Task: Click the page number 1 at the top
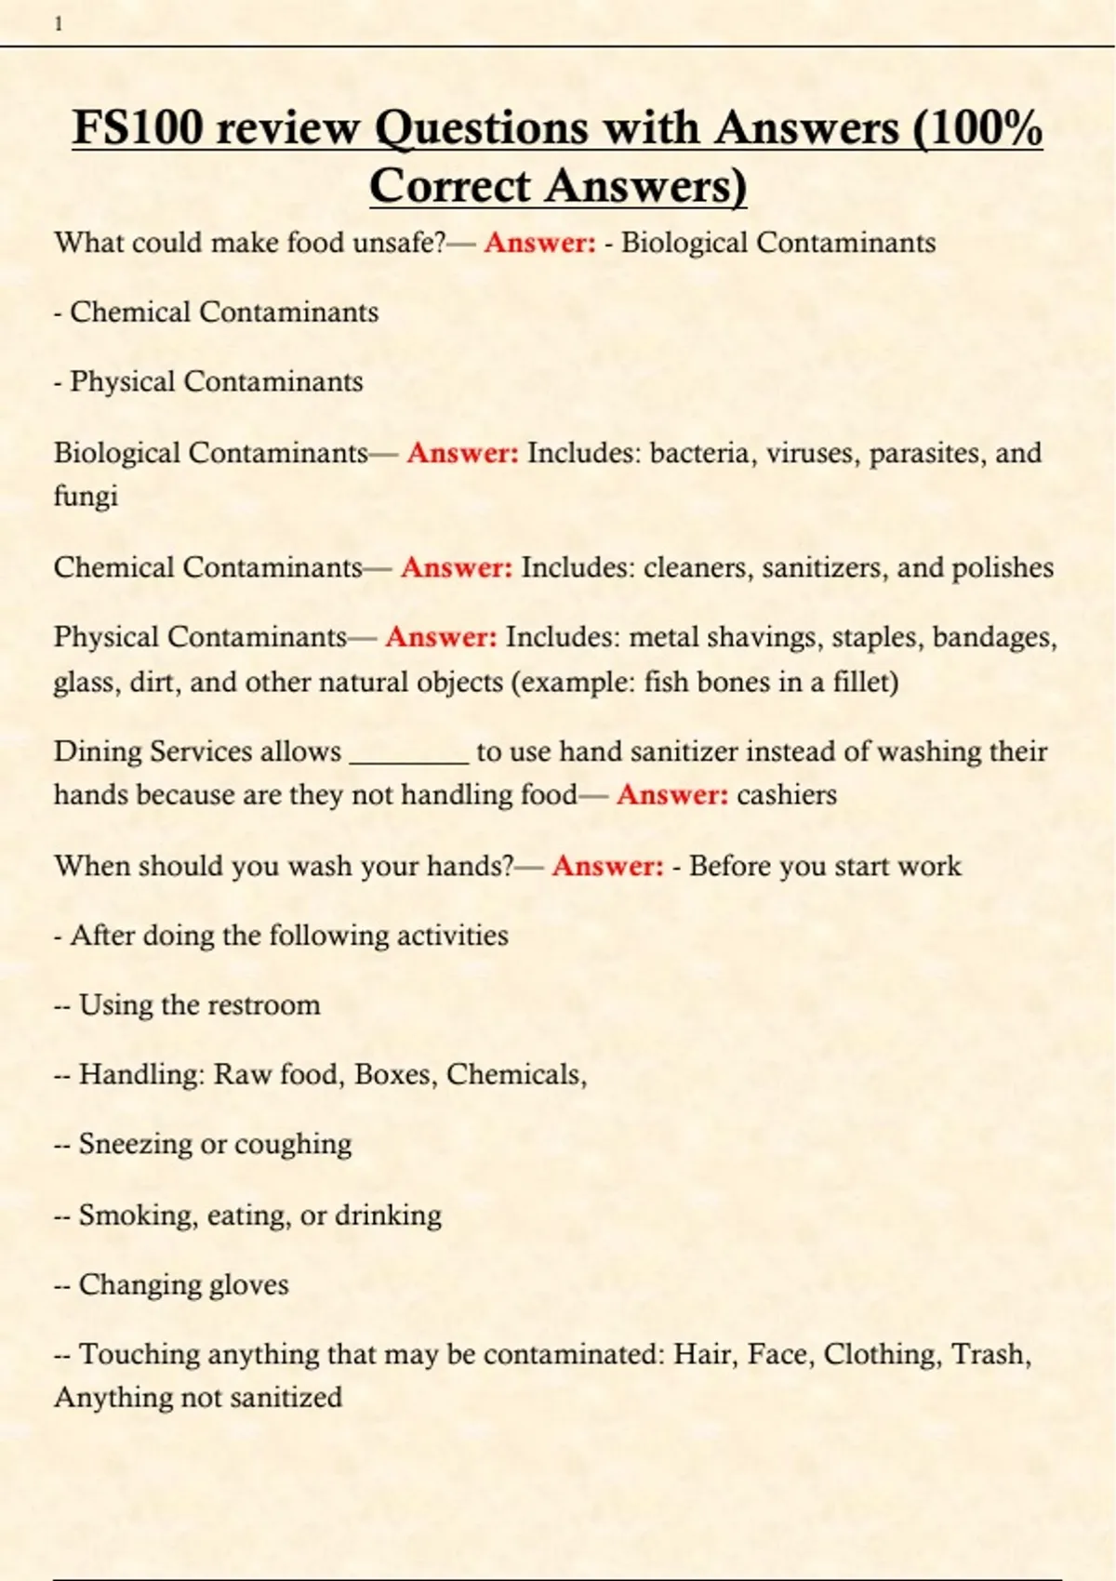click(59, 25)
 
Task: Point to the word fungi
click(86, 496)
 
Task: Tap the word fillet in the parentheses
click(865, 682)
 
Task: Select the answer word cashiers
click(786, 795)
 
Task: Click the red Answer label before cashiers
click(671, 795)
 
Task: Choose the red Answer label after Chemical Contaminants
click(456, 567)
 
